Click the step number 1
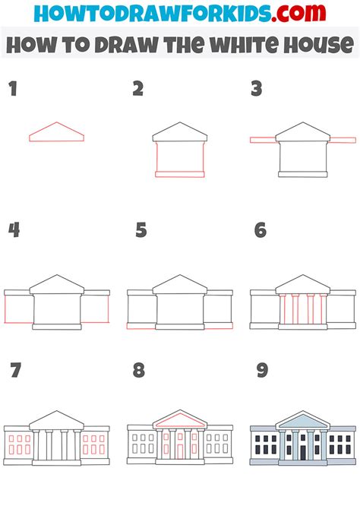(x=12, y=89)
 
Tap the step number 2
(x=137, y=89)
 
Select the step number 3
(x=257, y=89)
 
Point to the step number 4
(x=13, y=229)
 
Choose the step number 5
(x=141, y=229)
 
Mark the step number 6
(x=261, y=229)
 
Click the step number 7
(x=15, y=371)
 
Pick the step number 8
(x=138, y=371)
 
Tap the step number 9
(x=262, y=371)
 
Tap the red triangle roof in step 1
(x=56, y=134)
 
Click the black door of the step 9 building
(x=303, y=452)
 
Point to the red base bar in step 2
(x=180, y=174)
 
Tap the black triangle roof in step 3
(x=303, y=133)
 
